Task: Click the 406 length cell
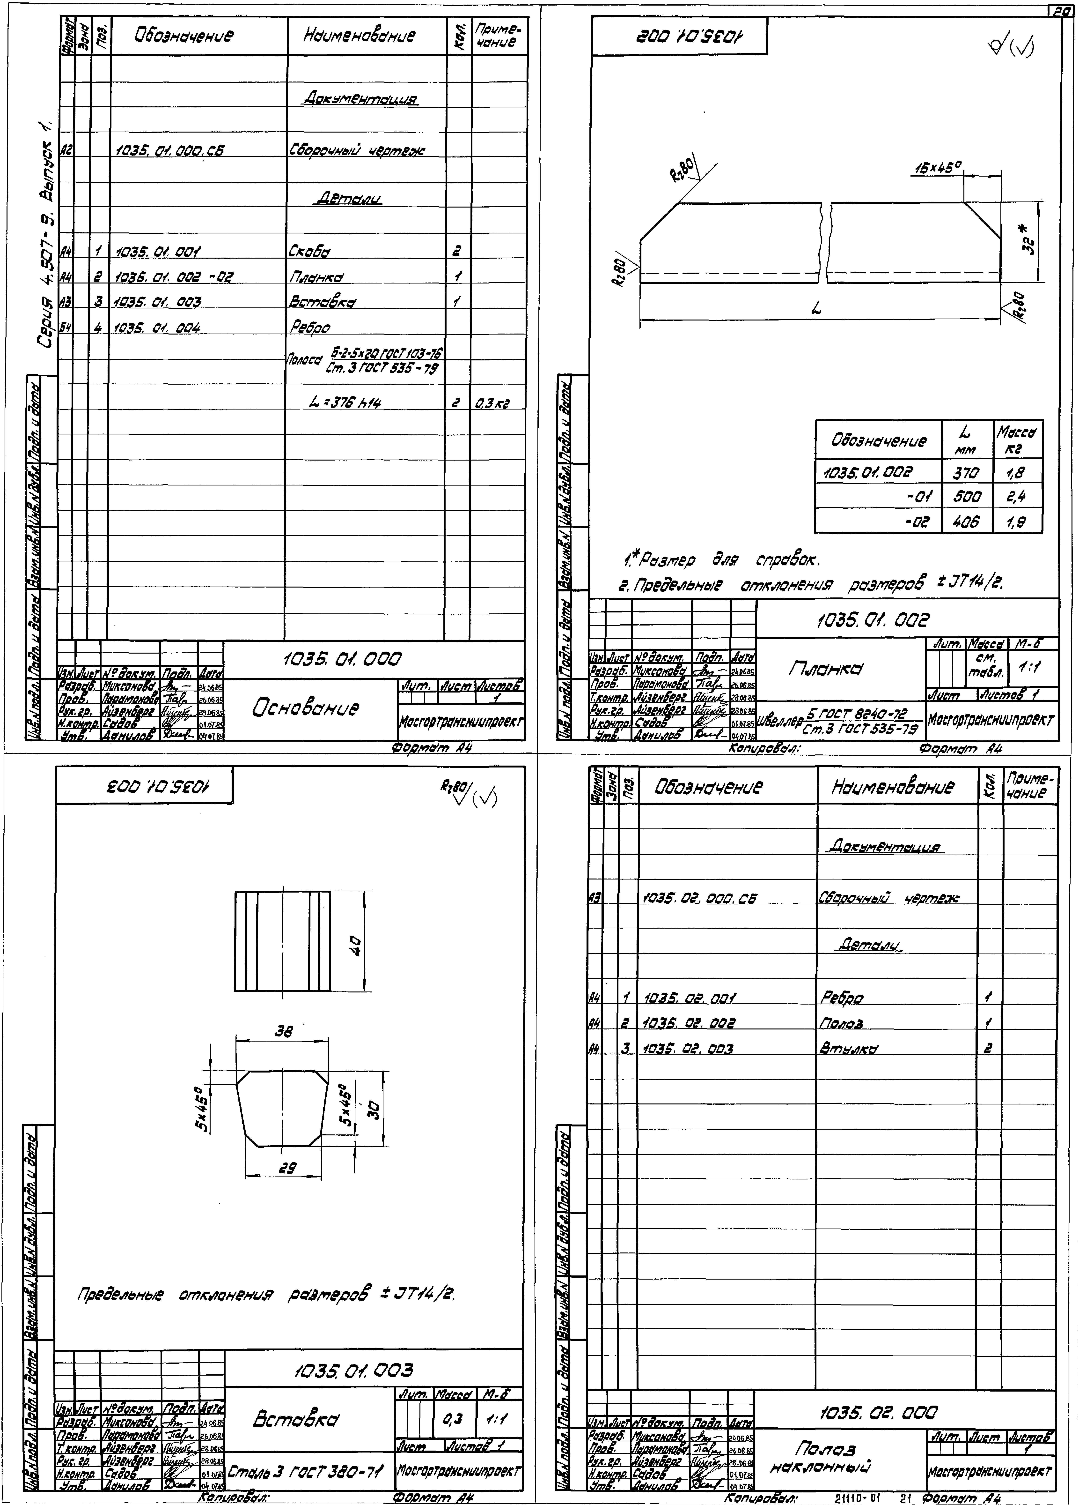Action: coord(967,522)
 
